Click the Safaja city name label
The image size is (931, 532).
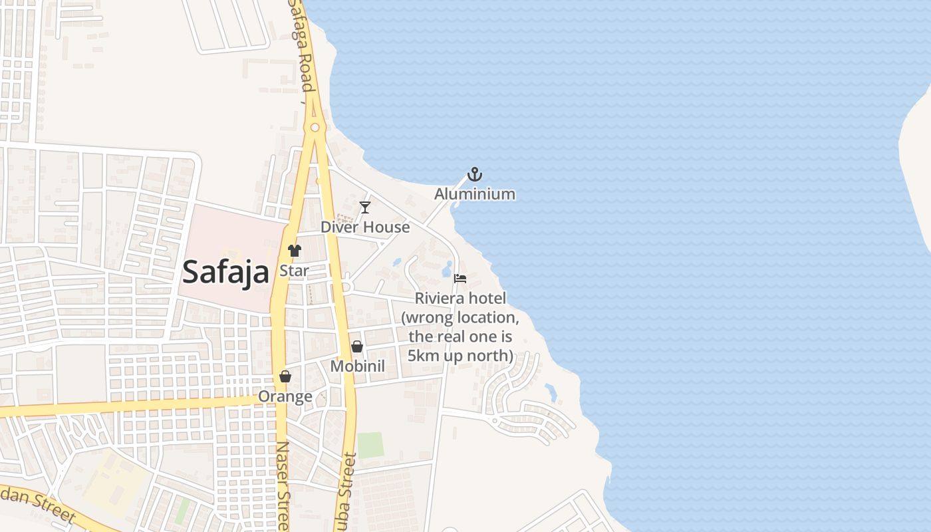(225, 271)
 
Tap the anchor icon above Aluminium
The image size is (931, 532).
(475, 175)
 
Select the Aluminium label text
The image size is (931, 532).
(475, 194)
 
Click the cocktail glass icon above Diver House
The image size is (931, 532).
(364, 207)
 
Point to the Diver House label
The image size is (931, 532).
(365, 227)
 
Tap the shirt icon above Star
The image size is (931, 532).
(294, 251)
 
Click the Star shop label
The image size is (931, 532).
(294, 271)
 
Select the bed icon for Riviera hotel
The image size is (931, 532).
(460, 279)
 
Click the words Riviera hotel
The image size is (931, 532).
(460, 298)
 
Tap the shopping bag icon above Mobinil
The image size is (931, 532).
(357, 346)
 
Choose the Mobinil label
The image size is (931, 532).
(358, 366)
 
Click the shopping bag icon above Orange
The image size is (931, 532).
(285, 376)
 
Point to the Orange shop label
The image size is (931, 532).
(285, 396)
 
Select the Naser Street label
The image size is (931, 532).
(283, 485)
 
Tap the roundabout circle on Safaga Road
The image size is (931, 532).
(315, 127)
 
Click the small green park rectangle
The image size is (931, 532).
(370, 445)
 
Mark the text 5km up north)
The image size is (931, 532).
(460, 356)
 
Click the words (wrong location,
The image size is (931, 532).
(460, 317)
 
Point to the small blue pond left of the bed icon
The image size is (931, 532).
(446, 269)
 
